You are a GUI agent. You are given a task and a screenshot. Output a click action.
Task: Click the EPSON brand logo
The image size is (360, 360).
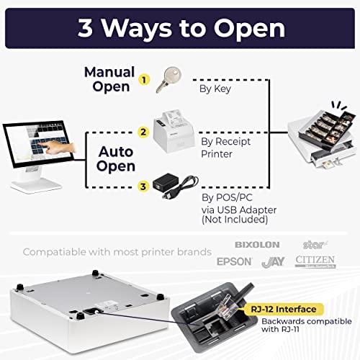(235, 261)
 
